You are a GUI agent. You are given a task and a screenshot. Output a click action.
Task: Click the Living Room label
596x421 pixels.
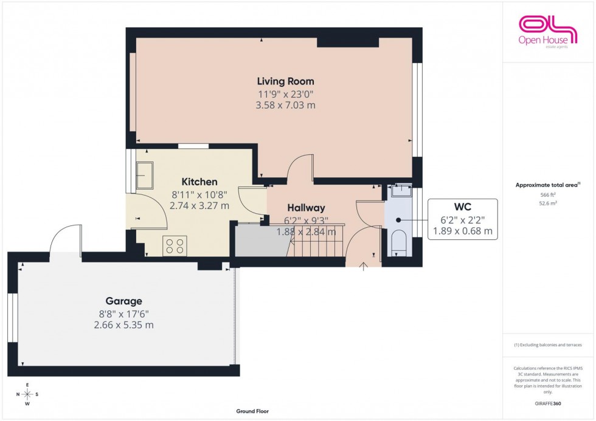click(x=285, y=81)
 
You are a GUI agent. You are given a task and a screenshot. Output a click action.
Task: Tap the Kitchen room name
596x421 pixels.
click(x=199, y=182)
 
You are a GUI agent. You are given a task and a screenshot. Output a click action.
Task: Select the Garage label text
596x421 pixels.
click(x=123, y=301)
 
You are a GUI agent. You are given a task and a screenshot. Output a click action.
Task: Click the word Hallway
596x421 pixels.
click(x=306, y=208)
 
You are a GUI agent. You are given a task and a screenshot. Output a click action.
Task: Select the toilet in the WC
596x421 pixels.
click(x=398, y=241)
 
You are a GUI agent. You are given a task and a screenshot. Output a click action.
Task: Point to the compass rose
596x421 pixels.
click(x=27, y=394)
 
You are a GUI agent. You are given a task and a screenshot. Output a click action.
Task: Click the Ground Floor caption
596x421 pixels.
click(x=253, y=411)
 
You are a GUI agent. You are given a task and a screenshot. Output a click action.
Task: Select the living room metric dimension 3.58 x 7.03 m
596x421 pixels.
click(x=285, y=105)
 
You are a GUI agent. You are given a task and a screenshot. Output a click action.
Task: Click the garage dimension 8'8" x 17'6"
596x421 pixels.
click(x=123, y=313)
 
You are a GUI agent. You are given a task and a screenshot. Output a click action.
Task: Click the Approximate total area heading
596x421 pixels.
click(x=547, y=185)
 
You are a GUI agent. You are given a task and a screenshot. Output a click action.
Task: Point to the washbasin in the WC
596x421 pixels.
click(x=399, y=191)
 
